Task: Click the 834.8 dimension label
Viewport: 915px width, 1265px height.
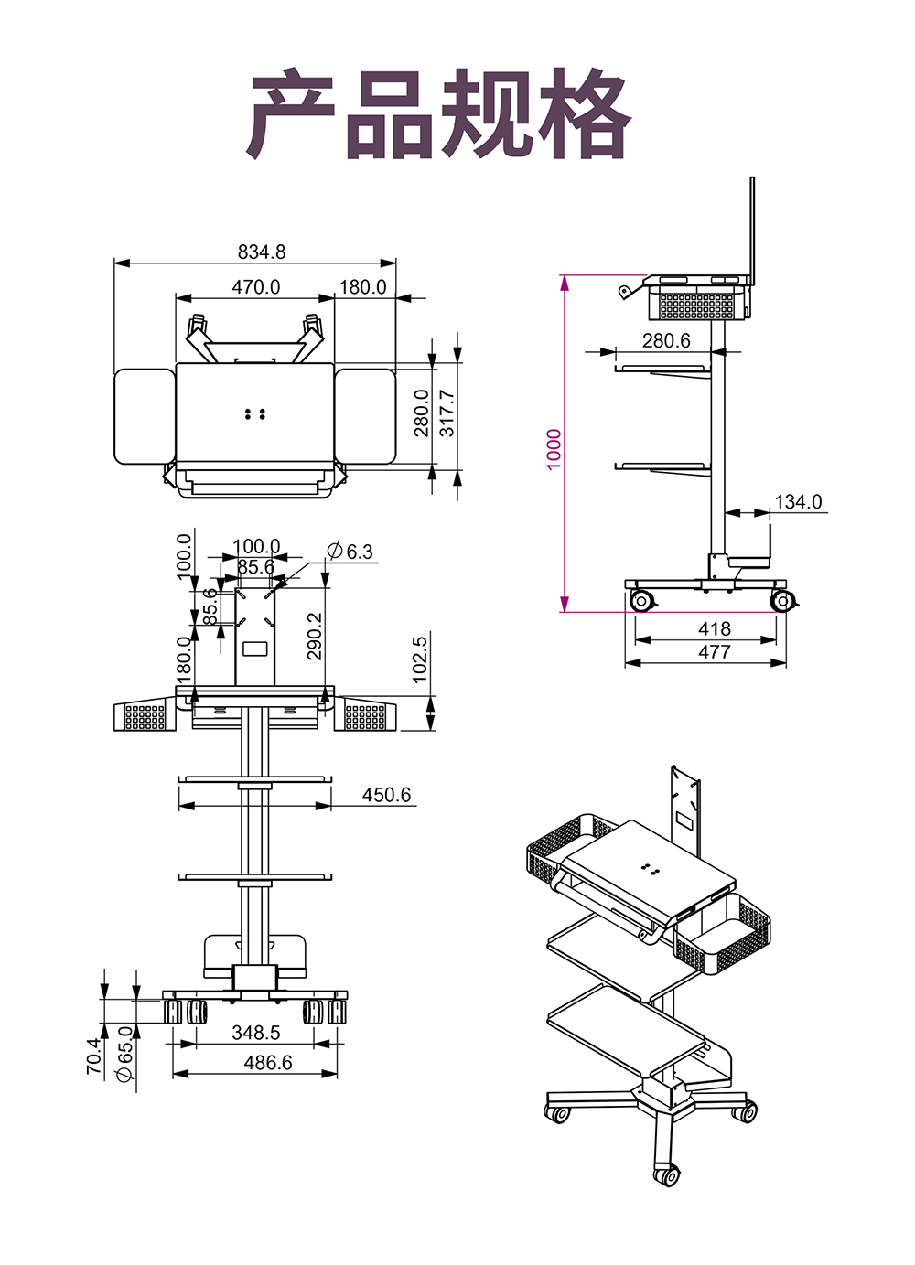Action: point(262,252)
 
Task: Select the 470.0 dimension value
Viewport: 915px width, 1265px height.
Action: point(256,287)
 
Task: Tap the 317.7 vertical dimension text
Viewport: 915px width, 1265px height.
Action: point(447,413)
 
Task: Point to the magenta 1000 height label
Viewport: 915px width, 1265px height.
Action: point(554,449)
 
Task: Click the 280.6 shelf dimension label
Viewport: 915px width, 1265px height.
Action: point(666,341)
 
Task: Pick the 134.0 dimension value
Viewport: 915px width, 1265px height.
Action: point(799,502)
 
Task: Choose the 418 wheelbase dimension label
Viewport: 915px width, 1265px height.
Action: point(714,628)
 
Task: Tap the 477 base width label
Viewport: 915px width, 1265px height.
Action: point(714,651)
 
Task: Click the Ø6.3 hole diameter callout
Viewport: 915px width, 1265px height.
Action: point(350,552)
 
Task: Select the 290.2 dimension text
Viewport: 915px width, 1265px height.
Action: point(314,636)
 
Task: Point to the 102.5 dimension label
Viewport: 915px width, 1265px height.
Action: point(420,659)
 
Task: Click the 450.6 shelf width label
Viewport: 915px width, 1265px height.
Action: point(386,795)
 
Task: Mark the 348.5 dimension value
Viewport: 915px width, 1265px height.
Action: point(256,1033)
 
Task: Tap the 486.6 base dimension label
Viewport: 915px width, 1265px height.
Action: point(268,1063)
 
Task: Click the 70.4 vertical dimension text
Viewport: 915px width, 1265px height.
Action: point(94,1056)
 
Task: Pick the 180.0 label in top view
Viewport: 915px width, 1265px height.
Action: point(363,287)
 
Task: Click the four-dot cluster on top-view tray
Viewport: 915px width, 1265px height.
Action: point(255,414)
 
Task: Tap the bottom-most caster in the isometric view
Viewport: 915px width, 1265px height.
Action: point(667,1174)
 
